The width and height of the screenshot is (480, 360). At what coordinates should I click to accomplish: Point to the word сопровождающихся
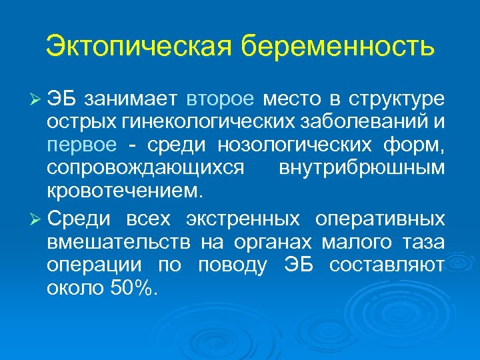[146, 169]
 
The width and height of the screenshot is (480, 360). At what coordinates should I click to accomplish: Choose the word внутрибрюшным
[359, 169]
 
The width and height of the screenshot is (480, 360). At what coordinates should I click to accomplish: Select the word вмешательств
[117, 243]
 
